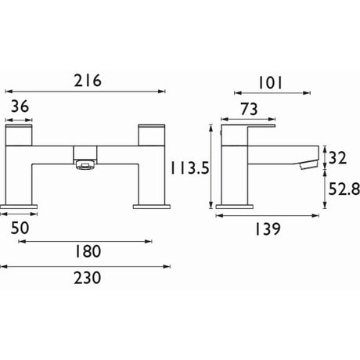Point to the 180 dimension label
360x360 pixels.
[x=85, y=251]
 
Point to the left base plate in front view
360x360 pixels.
[x=22, y=207]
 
